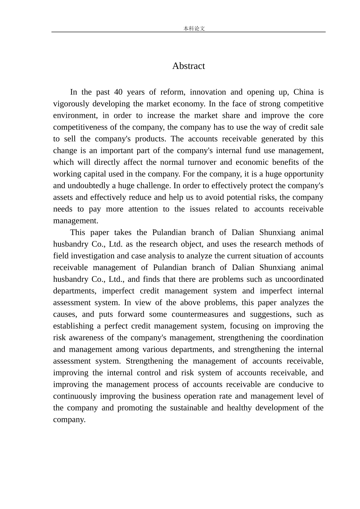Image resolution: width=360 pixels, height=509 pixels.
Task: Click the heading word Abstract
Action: click(x=188, y=66)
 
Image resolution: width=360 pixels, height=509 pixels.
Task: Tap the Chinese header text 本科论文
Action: click(x=194, y=28)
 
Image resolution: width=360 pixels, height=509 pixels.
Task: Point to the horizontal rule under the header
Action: click(x=188, y=32)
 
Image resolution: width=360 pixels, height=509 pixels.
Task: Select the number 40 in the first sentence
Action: click(x=118, y=92)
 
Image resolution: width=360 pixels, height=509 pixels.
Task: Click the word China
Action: click(x=304, y=92)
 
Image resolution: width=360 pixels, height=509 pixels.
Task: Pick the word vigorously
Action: click(x=71, y=104)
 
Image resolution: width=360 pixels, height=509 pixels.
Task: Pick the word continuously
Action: click(x=75, y=396)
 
